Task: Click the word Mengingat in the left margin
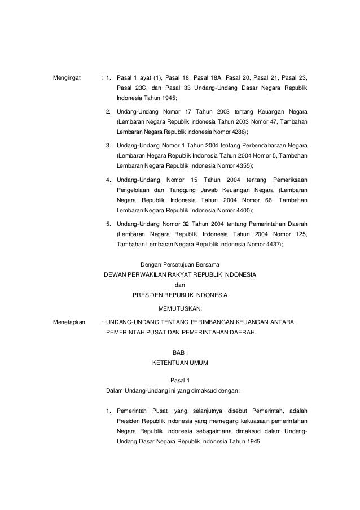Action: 67,77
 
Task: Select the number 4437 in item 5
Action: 270,245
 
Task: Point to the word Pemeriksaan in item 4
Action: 289,180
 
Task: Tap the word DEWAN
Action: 116,274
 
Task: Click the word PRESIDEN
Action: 147,295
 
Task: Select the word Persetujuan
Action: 182,264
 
